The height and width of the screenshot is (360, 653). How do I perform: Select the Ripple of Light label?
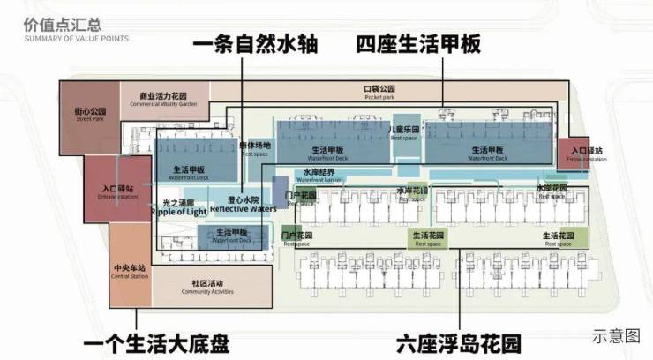(x=176, y=209)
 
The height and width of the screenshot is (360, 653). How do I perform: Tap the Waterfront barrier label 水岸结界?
(x=319, y=174)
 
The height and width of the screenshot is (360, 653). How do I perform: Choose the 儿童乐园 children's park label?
(x=403, y=130)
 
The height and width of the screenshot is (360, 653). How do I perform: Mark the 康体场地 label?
(x=255, y=147)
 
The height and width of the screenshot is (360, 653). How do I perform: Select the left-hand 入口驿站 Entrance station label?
(x=117, y=191)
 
